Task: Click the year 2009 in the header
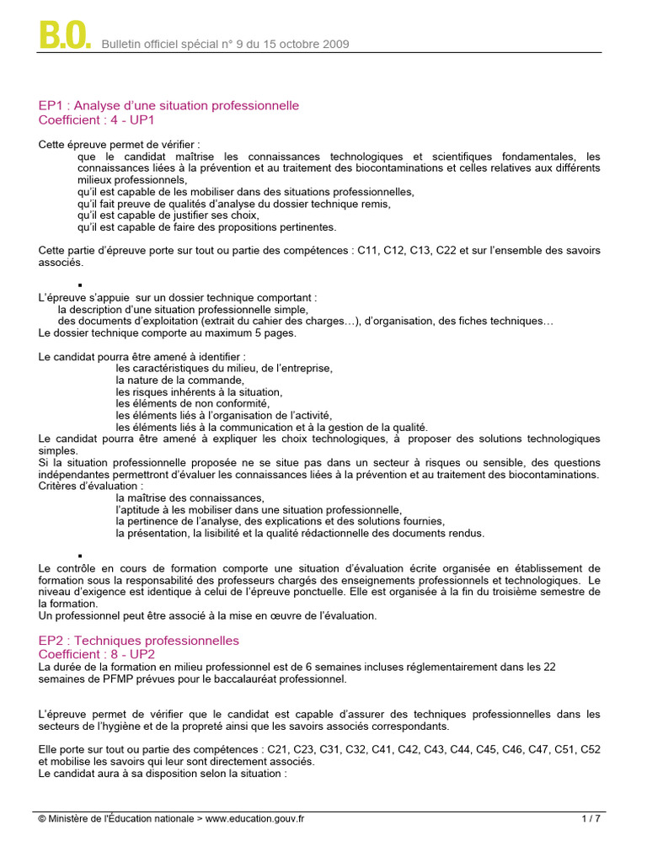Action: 334,45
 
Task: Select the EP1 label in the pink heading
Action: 52,106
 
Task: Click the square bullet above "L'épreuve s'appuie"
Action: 80,285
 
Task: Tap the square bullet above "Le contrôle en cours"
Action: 80,556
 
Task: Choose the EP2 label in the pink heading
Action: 52,641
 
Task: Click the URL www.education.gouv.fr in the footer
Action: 255,818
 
